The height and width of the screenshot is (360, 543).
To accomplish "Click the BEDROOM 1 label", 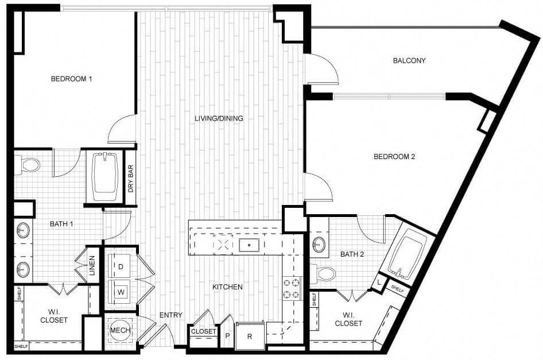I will (x=71, y=79).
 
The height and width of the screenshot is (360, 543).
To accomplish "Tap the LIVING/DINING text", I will (x=219, y=119).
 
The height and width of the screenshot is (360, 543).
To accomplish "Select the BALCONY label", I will (x=409, y=60).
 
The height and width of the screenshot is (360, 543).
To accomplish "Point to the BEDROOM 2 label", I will (x=394, y=156).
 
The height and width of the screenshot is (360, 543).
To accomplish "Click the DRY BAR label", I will (x=131, y=178).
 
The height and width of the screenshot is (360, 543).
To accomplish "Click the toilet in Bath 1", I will (x=29, y=165).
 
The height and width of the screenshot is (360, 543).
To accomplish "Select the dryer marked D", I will (x=121, y=266).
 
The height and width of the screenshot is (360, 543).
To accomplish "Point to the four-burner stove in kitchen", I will (x=291, y=288).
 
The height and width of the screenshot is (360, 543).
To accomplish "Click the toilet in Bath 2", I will (x=324, y=274).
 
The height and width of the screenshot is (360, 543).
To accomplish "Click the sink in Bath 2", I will (x=319, y=245).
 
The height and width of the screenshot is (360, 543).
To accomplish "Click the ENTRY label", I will (x=170, y=315).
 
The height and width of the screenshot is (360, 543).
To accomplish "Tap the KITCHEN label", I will (x=227, y=287).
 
